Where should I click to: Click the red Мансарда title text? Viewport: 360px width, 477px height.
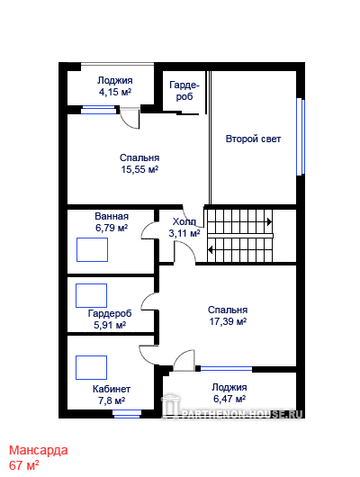39,450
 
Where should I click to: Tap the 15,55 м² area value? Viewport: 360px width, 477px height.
139,169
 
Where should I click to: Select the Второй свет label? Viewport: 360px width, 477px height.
253,139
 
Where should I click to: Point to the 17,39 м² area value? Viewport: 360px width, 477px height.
228,321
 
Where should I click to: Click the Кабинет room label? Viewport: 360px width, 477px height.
112,389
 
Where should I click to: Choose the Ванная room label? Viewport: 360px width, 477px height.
112,216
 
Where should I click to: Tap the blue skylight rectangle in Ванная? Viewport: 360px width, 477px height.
92,250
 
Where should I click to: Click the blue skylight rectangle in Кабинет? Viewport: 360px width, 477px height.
91,367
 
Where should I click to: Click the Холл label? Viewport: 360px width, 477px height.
184,221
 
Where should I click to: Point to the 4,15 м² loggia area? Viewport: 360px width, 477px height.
115,92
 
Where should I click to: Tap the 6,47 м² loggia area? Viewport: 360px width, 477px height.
229,399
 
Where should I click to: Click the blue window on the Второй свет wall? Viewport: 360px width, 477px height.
301,137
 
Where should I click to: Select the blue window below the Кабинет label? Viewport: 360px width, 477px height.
127,414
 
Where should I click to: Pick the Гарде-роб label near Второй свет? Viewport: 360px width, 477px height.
184,91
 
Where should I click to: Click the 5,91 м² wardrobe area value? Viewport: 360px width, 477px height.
110,325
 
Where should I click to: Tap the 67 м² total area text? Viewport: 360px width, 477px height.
23,465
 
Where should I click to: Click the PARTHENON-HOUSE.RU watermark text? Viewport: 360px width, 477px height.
242,414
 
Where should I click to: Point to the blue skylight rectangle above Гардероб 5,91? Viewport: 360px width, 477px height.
91,295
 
